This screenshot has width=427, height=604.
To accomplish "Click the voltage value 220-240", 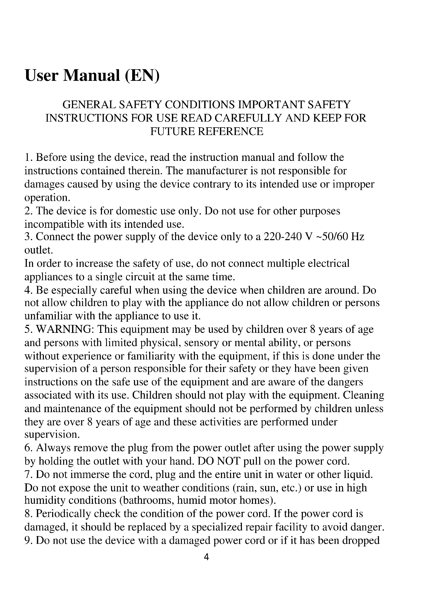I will pos(282,237).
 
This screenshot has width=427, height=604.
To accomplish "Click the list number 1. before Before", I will pos(28,158).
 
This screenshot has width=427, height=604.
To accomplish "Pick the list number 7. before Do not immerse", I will pos(28,475).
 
